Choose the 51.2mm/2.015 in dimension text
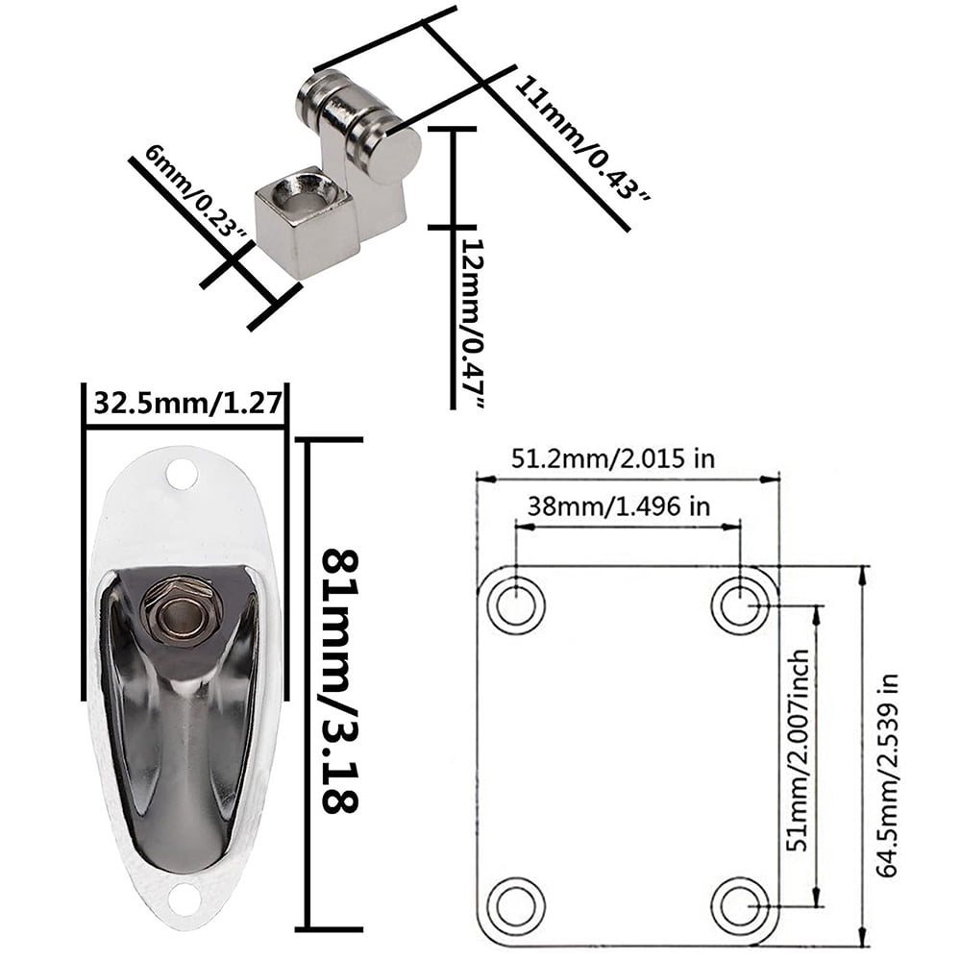click(x=612, y=458)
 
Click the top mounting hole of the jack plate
click(x=181, y=473)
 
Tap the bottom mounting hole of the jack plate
click(x=183, y=898)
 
